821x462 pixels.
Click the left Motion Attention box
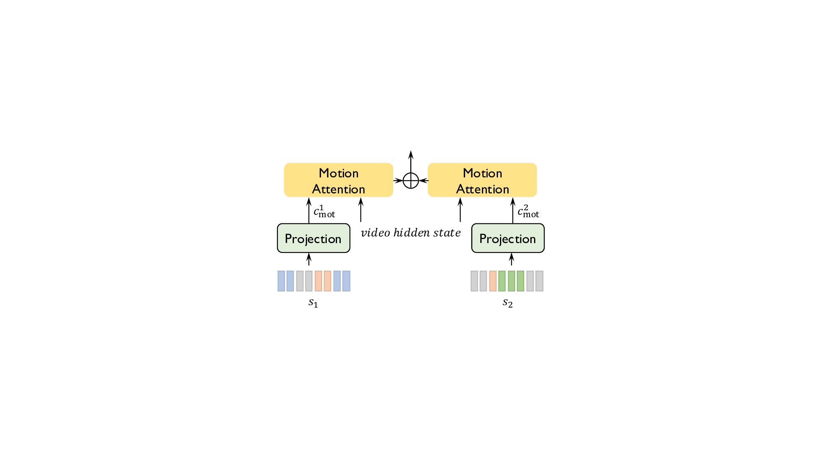(x=338, y=180)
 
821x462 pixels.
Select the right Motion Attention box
(x=482, y=180)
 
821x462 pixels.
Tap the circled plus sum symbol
(x=410, y=181)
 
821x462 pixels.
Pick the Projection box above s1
(x=314, y=238)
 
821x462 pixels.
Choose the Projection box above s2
(x=508, y=238)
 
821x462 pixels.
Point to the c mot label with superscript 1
(x=324, y=212)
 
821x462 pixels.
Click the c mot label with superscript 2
(x=528, y=212)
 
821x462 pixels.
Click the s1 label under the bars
(x=313, y=303)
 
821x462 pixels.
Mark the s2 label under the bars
(x=508, y=303)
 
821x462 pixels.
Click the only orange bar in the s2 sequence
(x=493, y=281)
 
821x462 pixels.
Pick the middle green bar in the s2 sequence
(x=511, y=281)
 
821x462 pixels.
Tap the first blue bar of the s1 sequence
(x=281, y=281)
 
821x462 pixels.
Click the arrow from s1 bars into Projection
(x=309, y=259)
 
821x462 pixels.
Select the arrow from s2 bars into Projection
(x=511, y=259)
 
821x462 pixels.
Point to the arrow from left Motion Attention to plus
(x=398, y=181)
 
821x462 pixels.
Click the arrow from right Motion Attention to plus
(x=423, y=181)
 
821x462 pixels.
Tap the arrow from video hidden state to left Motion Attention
(x=361, y=210)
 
